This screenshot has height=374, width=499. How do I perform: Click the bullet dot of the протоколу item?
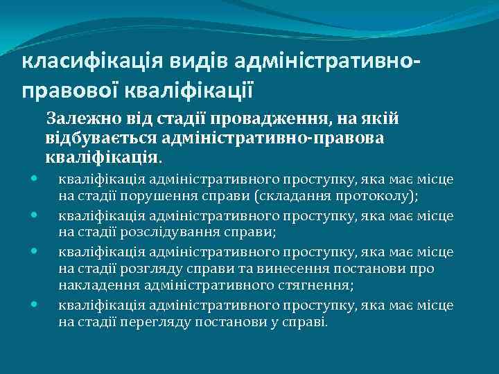click(34, 179)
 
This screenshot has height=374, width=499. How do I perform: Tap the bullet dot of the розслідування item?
click(34, 215)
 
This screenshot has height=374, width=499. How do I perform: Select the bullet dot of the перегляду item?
click(34, 305)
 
